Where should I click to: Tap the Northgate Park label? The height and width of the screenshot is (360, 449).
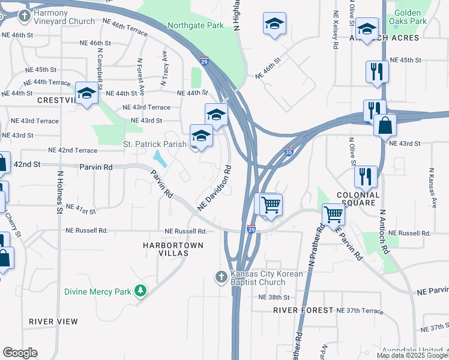click(195, 26)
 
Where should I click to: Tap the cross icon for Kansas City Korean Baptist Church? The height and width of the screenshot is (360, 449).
click(221, 277)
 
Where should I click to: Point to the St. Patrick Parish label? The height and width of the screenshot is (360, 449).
click(153, 144)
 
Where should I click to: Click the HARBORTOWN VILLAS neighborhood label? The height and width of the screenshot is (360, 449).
click(173, 249)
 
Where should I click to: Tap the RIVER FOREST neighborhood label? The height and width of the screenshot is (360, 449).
click(303, 310)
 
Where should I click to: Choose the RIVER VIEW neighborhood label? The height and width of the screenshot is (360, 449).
click(53, 322)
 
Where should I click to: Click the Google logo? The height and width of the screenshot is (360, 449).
click(20, 353)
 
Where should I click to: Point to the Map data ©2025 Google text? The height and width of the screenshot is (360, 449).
click(412, 355)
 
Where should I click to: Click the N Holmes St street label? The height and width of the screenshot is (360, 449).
click(60, 193)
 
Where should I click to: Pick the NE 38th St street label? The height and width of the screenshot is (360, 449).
click(274, 297)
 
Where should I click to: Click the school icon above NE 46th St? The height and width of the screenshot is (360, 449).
click(274, 23)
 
